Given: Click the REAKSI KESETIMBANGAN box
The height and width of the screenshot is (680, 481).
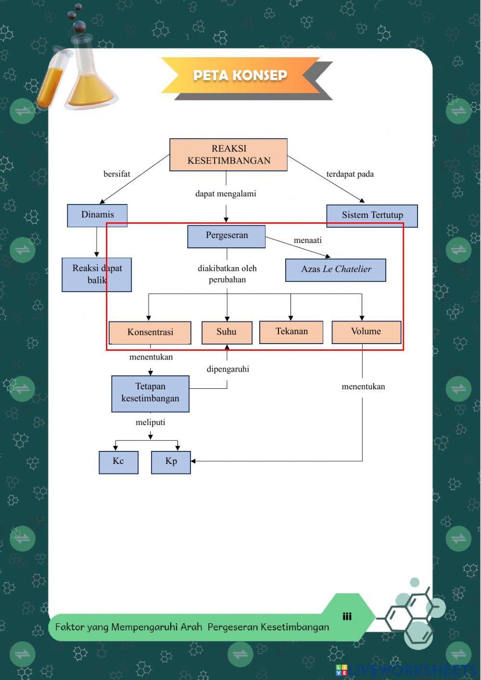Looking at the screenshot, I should [228, 154].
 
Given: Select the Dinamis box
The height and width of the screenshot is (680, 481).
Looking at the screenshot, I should [97, 215].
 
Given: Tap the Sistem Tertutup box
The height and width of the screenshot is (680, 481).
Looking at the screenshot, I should [372, 215].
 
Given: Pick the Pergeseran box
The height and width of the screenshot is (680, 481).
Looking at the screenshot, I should [227, 236].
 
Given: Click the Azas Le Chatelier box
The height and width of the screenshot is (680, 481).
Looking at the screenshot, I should [336, 269].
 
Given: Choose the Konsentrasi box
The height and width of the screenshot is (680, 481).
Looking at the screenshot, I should [150, 332].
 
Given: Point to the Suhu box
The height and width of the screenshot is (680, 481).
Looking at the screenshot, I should [227, 332].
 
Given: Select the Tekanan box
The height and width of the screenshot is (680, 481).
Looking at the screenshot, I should [291, 332].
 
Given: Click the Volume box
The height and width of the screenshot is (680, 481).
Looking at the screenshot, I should [366, 332].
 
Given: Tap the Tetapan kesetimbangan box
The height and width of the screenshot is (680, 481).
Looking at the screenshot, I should [150, 393].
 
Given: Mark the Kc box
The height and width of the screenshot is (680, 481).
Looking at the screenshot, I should [118, 462].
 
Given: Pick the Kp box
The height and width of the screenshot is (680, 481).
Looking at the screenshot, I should [171, 462].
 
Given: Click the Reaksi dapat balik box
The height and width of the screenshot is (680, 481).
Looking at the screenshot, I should [97, 274].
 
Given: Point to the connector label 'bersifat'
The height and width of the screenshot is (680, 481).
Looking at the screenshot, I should [117, 174].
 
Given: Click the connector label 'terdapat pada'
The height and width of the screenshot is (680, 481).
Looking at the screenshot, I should [350, 174].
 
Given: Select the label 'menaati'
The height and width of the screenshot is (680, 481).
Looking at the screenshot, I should [308, 240].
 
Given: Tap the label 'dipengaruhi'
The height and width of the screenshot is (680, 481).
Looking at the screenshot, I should [228, 369].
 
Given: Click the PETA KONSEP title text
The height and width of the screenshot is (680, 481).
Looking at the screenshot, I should [240, 76].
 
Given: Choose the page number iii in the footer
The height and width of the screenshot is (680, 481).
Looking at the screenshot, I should [347, 616].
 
